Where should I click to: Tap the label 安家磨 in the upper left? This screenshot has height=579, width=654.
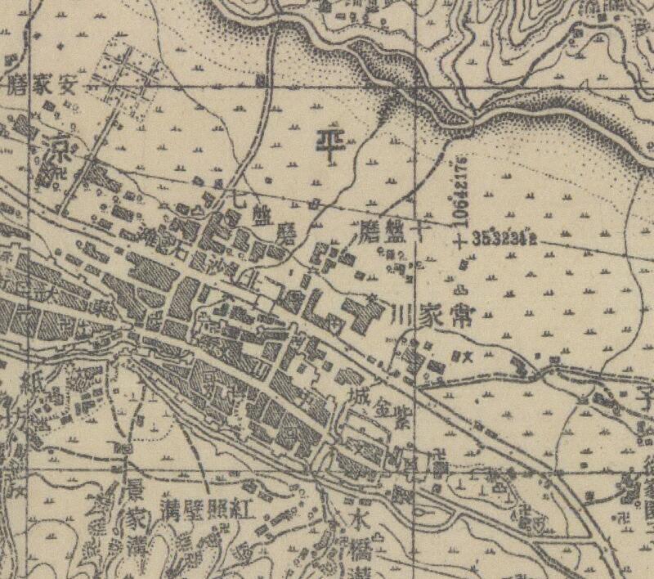click(41, 85)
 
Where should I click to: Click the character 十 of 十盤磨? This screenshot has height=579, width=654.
click(420, 229)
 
